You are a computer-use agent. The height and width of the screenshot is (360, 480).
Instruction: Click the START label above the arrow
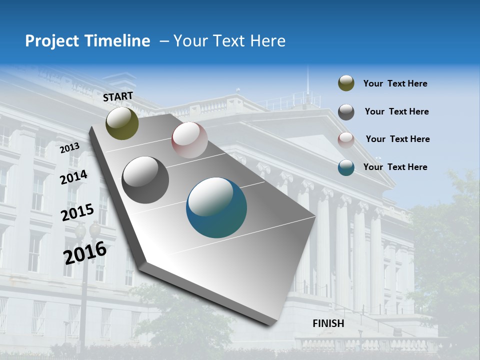pyautogui.click(x=118, y=96)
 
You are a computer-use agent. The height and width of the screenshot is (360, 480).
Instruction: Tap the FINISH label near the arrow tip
pyautogui.click(x=328, y=323)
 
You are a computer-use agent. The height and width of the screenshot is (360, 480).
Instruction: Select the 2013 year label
pyautogui.click(x=70, y=148)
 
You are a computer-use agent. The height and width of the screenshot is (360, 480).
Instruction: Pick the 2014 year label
pyautogui.click(x=74, y=177)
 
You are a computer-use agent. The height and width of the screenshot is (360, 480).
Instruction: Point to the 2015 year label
pyautogui.click(x=77, y=213)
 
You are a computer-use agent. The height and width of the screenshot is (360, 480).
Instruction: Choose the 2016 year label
pyautogui.click(x=85, y=252)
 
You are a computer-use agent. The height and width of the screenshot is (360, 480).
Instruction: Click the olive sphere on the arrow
pyautogui.click(x=122, y=123)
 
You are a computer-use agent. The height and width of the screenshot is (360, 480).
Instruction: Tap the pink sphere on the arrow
pyautogui.click(x=189, y=140)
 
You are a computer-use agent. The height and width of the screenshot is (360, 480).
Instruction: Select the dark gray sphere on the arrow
pyautogui.click(x=145, y=180)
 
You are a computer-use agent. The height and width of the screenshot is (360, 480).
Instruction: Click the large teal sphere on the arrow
pyautogui.click(x=216, y=207)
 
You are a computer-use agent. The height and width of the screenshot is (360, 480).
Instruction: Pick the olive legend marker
pyautogui.click(x=346, y=83)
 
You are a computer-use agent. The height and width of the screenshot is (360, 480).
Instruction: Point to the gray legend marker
pyautogui.click(x=346, y=112)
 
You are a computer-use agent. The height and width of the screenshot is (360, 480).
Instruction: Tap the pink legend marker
pyautogui.click(x=346, y=139)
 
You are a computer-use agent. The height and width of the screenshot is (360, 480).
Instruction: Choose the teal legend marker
pyautogui.click(x=346, y=167)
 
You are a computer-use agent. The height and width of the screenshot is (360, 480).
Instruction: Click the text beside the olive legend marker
pyautogui.click(x=395, y=84)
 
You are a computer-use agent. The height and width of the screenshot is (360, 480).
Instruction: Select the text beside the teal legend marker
pyautogui.click(x=395, y=167)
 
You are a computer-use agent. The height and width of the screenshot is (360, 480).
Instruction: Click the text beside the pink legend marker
pyautogui.click(x=397, y=139)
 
